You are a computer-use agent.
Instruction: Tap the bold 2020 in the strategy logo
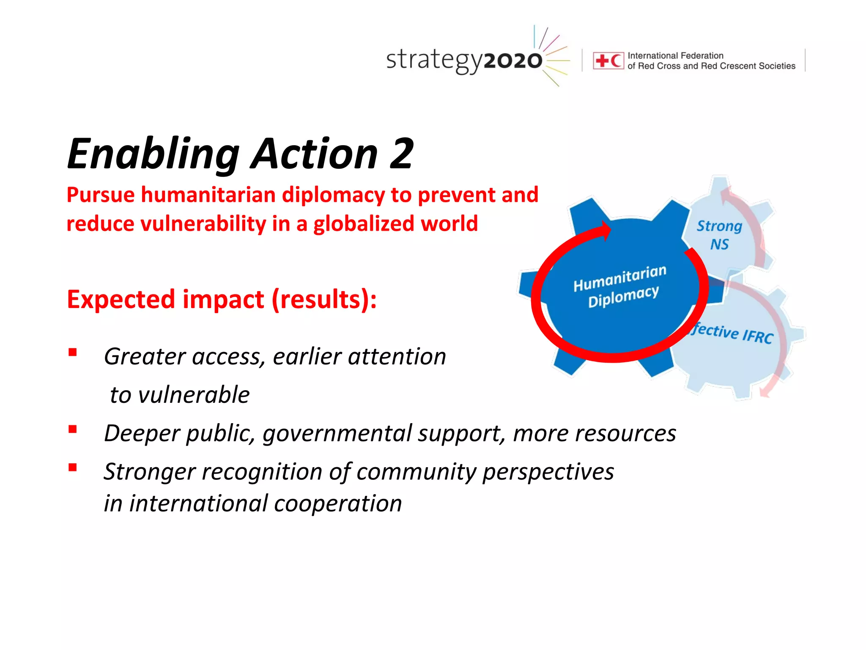coord(512,61)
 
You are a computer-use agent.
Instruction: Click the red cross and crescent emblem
coord(608,61)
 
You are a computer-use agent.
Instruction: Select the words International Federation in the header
coord(675,55)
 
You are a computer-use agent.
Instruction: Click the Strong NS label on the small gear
coord(719,235)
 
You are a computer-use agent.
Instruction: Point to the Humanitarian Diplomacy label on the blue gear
coord(620,286)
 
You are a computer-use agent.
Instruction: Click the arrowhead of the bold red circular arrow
coord(606,231)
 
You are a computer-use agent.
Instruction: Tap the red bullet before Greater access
coord(73,352)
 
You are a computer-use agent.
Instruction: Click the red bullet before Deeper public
coord(73,430)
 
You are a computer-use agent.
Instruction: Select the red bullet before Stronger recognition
coord(73,467)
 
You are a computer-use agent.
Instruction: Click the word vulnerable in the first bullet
coord(194,395)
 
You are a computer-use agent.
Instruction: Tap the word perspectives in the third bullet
coord(548,472)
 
